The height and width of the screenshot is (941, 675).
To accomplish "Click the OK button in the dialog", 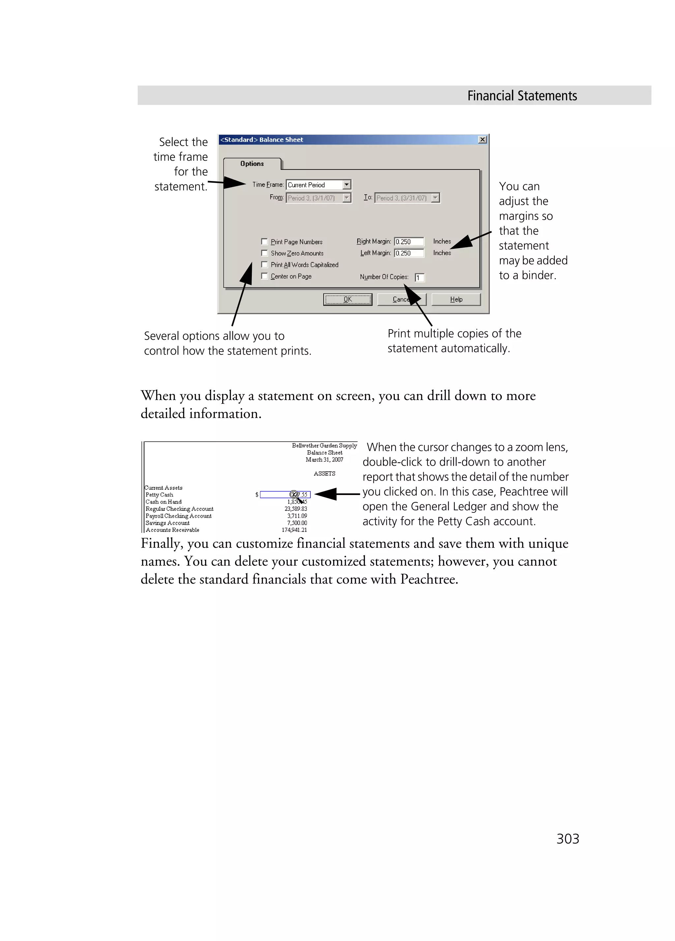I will [347, 299].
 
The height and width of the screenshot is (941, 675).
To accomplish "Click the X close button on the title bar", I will [482, 140].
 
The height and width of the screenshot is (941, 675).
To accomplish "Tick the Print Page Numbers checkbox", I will [264, 242].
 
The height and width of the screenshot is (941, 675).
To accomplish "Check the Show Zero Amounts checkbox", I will [264, 253].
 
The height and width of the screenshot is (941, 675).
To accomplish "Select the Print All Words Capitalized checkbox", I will [264, 265].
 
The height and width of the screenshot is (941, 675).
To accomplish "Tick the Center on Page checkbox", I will [264, 276].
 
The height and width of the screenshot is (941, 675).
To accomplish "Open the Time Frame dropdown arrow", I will [346, 185].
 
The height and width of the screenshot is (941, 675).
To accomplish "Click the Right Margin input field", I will [409, 242].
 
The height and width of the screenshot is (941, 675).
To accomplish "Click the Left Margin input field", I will [409, 253].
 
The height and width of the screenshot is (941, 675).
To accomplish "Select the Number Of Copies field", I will [420, 277].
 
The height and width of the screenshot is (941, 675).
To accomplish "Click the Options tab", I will [252, 164].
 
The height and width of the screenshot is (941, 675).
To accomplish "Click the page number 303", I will [568, 839].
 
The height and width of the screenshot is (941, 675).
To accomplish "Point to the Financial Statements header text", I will [522, 96].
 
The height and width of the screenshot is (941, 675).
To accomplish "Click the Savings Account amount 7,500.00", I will [297, 523].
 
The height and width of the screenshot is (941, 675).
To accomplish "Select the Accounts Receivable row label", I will [172, 530].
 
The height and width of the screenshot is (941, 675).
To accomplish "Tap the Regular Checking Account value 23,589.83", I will [296, 509].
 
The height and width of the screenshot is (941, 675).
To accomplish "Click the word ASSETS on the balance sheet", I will [324, 473].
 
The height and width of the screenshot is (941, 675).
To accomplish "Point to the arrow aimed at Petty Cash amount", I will [337, 494].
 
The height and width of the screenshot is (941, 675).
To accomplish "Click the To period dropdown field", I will [407, 198].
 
